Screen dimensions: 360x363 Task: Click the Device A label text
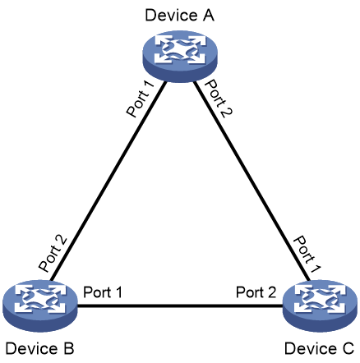pos(179,15)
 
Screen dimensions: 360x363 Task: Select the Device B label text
pos(39,348)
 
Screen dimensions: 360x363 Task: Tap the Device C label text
pos(320,348)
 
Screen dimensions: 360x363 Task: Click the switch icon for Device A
pos(180,56)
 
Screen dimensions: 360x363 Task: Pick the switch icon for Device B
pos(40,306)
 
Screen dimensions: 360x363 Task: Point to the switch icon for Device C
pos(320,306)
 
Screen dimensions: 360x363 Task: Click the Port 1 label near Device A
pos(141,99)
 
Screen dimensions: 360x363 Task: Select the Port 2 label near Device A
pos(219,99)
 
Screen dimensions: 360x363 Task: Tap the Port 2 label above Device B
pos(53,253)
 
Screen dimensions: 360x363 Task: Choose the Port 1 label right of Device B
pos(103,292)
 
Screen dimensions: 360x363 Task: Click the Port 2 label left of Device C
pos(256,292)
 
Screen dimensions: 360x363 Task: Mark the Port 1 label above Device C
pos(307,254)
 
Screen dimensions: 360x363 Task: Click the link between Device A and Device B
pos(108,181)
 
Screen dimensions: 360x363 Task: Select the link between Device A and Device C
pos(252,181)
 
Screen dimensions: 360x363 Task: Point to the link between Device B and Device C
pos(180,306)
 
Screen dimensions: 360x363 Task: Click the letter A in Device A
pos(208,15)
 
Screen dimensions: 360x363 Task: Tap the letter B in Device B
pos(68,348)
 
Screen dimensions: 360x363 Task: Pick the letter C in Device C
pos(348,348)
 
